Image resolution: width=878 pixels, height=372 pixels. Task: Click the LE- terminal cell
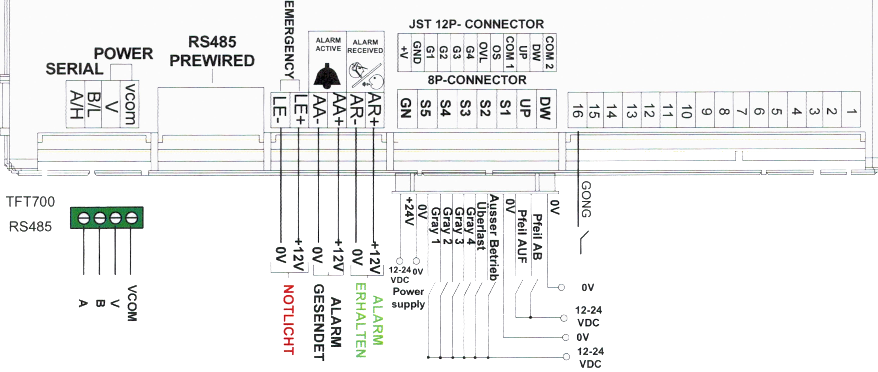[x=280, y=110]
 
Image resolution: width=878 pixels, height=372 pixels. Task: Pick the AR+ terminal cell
[x=375, y=110]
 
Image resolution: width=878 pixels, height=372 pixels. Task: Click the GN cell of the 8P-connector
[x=407, y=108]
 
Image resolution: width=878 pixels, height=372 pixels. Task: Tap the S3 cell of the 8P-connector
[x=466, y=108]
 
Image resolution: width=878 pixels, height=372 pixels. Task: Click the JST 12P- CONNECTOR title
[x=476, y=24]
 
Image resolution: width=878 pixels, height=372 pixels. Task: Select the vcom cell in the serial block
[x=129, y=104]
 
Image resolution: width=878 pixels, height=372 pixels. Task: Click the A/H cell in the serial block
[x=75, y=104]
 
